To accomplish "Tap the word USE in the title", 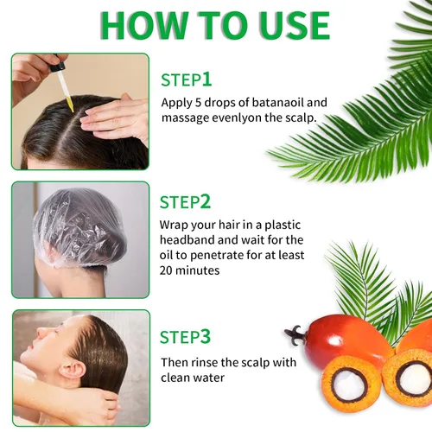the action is click(x=295, y=25).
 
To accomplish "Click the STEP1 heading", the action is click(x=187, y=79).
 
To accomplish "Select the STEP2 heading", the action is click(x=185, y=202).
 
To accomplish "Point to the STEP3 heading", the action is click(x=185, y=337).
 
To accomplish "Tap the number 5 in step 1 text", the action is click(x=198, y=103).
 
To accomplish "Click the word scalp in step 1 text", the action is click(x=301, y=118).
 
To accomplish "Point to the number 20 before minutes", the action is click(x=166, y=270).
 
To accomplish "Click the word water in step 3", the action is click(x=209, y=378).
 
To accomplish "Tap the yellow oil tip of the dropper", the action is click(x=70, y=105).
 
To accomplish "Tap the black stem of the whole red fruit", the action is click(x=295, y=335).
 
